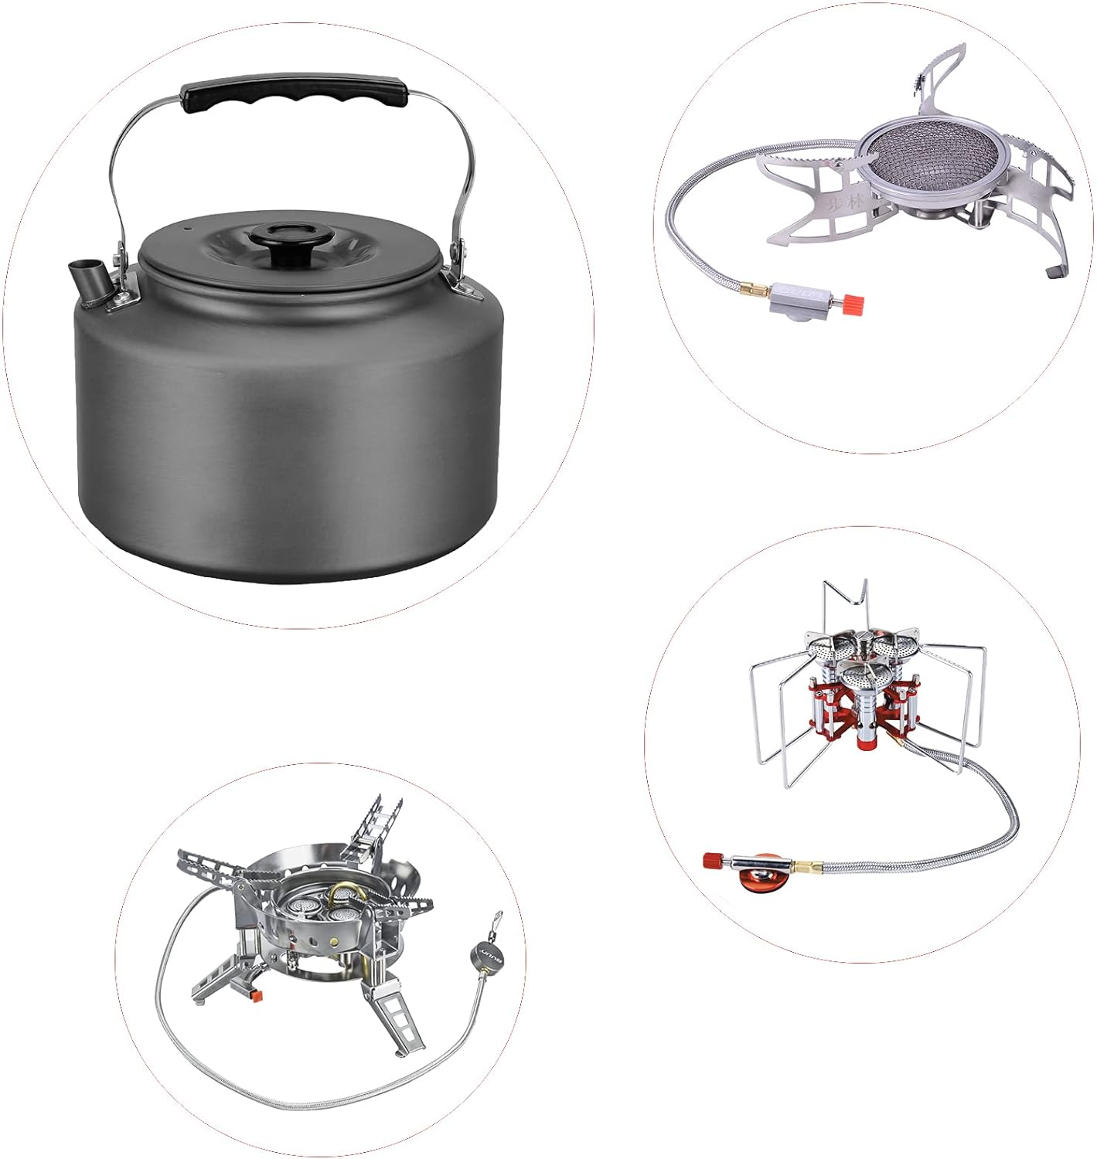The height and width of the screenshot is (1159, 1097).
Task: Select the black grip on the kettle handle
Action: (x=294, y=100)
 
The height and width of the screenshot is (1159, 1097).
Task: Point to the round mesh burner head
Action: (x=915, y=161)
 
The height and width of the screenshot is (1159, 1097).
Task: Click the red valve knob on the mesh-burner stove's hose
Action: (x=853, y=302)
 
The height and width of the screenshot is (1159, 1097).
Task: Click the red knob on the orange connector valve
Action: (x=712, y=860)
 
